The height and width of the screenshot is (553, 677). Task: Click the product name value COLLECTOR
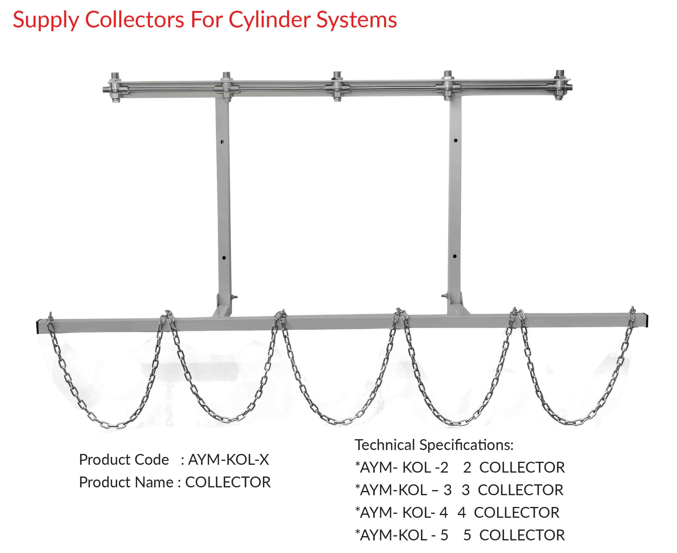pos(228,482)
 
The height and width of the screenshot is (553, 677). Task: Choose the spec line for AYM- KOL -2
pos(459,467)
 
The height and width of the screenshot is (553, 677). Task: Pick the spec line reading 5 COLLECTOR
pos(459,535)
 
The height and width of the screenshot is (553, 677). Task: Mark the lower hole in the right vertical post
pos(455,256)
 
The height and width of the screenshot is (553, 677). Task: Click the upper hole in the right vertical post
pos(456,140)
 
